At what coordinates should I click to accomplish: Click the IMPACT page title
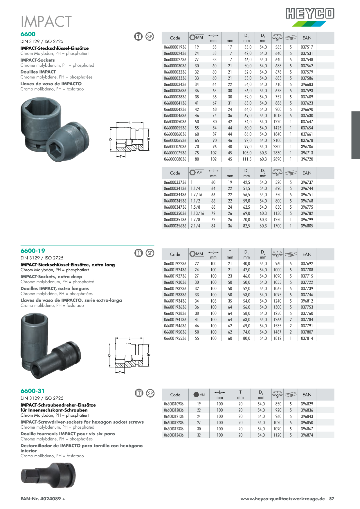(x=46, y=21)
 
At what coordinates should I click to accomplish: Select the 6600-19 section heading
(x=33, y=251)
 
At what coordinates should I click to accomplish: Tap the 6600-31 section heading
(x=33, y=391)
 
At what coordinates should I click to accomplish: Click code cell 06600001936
(x=175, y=47)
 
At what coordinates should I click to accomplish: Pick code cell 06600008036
(x=175, y=159)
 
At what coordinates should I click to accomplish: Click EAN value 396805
(x=307, y=226)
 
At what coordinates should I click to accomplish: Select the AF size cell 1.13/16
(x=197, y=213)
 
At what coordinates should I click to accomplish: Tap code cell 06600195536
(x=175, y=338)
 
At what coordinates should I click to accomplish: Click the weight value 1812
(x=277, y=338)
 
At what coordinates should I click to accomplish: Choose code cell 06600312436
(x=174, y=435)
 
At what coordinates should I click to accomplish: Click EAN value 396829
(x=307, y=404)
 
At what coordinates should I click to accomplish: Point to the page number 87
(x=332, y=499)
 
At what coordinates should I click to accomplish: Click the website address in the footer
(x=282, y=499)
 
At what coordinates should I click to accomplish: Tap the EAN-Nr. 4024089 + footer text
(x=43, y=499)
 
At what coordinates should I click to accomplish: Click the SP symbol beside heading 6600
(x=150, y=37)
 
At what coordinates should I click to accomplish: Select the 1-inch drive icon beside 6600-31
(x=139, y=393)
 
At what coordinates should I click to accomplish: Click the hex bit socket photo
(x=48, y=475)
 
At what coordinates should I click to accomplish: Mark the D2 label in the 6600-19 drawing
(x=148, y=355)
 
